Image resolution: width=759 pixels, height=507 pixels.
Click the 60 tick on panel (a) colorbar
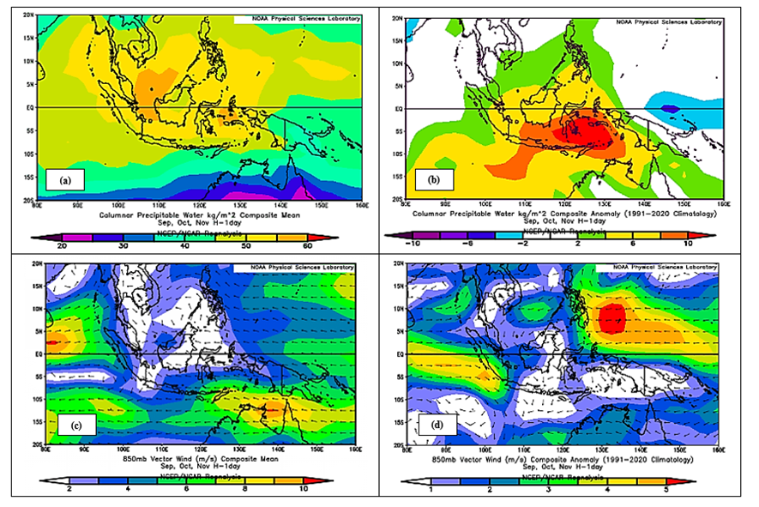point(330,244)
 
